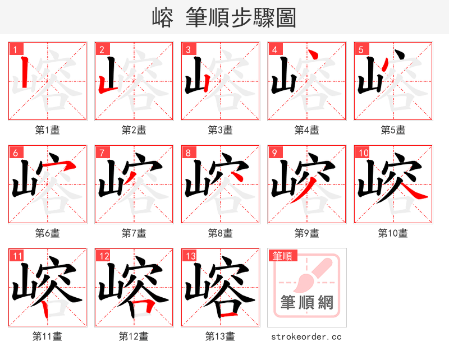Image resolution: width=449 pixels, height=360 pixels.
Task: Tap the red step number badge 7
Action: (102, 153)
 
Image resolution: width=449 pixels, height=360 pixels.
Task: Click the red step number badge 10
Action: (363, 153)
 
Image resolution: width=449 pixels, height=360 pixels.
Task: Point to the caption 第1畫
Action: (48, 130)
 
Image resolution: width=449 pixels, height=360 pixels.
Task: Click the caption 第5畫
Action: (393, 130)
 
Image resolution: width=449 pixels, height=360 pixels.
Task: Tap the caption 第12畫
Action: (134, 336)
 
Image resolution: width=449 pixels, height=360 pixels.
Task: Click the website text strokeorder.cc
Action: (306, 337)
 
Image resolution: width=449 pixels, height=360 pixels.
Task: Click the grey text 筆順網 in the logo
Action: (307, 303)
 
